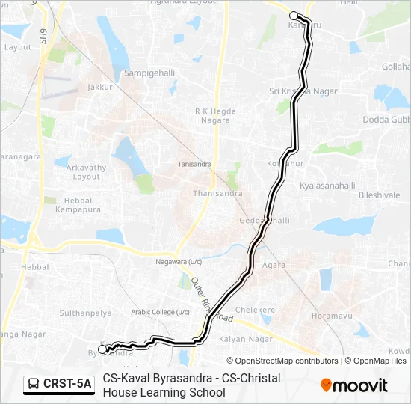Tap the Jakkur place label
point(99,87)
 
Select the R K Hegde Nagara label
point(215,116)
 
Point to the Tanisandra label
point(194,164)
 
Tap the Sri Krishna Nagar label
point(303,91)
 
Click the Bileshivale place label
point(380,195)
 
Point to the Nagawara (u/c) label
point(179,262)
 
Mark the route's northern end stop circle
point(294,16)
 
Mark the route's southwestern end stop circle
point(102,349)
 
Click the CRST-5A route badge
point(59,385)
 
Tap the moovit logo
point(354,385)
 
